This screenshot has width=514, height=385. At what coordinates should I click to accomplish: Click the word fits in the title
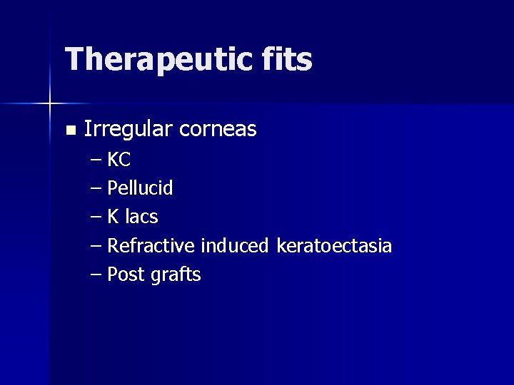289,59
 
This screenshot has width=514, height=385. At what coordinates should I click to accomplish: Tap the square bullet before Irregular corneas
69,130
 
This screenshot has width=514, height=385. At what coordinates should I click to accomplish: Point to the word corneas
218,130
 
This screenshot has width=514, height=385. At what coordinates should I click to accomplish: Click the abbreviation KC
119,160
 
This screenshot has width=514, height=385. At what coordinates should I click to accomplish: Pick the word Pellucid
140,189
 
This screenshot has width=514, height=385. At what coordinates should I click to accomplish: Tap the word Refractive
151,246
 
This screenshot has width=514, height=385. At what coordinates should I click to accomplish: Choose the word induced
234,246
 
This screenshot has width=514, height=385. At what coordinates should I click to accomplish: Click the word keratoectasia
333,247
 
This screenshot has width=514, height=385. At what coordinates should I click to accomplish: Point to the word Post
126,274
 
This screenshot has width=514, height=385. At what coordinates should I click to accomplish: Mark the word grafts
176,275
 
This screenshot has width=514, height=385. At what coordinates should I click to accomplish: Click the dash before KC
96,160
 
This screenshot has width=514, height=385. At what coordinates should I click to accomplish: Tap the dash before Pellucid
96,189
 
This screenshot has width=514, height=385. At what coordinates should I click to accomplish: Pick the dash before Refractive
96,247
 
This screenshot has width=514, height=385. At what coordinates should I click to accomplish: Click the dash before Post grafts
96,275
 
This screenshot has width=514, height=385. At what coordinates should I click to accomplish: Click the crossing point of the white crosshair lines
50,104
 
